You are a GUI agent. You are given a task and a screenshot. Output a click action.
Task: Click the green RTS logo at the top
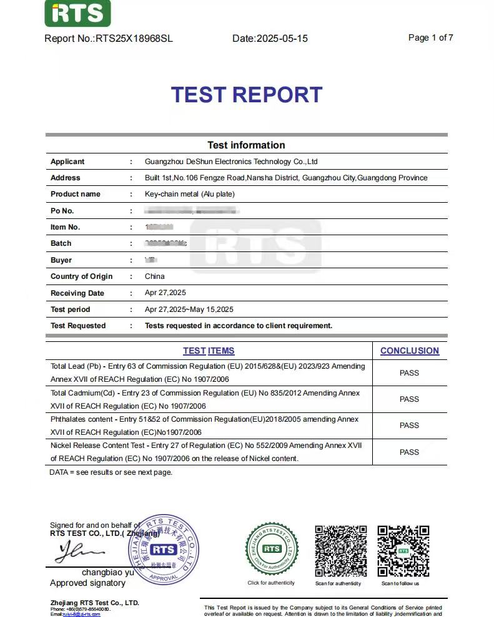click(x=77, y=14)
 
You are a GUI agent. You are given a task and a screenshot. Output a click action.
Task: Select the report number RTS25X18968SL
click(x=134, y=39)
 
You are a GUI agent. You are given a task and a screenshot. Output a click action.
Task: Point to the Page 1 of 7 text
click(x=430, y=37)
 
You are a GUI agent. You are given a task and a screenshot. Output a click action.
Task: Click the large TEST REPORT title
click(x=247, y=95)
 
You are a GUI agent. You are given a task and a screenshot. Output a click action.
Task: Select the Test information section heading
click(x=246, y=145)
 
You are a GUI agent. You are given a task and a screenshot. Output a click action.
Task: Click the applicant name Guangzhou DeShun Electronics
click(x=231, y=162)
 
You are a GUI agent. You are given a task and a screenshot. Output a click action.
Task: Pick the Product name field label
click(x=75, y=194)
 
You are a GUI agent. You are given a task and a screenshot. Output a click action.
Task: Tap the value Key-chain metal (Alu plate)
click(x=189, y=194)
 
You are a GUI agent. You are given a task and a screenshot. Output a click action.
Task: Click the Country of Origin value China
click(x=154, y=276)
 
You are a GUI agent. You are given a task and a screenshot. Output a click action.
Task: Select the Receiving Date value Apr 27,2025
click(x=165, y=293)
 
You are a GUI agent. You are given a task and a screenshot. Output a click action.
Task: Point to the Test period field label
click(x=70, y=309)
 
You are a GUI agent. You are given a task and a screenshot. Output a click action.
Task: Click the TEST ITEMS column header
click(x=209, y=351)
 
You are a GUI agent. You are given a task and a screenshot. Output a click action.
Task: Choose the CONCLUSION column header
click(x=410, y=351)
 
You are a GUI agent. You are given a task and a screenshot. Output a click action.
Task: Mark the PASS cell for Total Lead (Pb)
click(x=409, y=373)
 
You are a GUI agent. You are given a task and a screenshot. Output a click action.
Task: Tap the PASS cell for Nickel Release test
click(x=409, y=452)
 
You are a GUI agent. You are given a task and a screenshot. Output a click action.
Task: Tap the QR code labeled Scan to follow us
click(x=403, y=551)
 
